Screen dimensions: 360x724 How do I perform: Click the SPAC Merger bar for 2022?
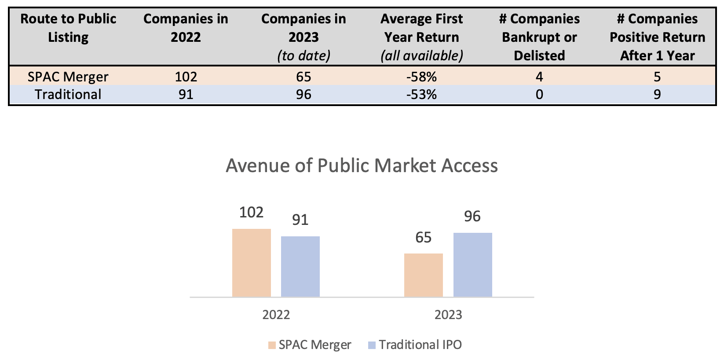(251, 263)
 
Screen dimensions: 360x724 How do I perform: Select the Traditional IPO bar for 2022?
(300, 266)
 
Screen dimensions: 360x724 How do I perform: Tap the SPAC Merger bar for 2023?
(423, 275)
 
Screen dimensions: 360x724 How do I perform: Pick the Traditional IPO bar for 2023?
(472, 264)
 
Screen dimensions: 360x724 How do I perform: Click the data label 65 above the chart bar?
(423, 238)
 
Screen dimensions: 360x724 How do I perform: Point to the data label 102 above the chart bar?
(251, 213)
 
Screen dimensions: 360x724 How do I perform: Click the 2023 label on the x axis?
(448, 315)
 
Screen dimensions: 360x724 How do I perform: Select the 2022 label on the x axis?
(276, 315)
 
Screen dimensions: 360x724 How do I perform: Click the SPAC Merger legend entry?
(310, 345)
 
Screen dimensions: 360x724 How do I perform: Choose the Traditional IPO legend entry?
(415, 345)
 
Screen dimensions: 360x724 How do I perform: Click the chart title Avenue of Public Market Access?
(362, 166)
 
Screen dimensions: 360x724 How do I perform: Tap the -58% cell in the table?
(421, 77)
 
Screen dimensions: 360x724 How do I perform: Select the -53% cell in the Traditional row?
(421, 95)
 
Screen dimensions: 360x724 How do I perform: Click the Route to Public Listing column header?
(68, 28)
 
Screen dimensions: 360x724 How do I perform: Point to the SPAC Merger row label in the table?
(68, 77)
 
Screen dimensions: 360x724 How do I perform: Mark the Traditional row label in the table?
(68, 95)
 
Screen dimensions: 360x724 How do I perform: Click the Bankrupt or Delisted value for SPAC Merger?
(539, 77)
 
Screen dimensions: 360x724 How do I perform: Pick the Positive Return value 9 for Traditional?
(657, 95)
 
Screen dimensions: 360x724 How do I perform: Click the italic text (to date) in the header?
(303, 56)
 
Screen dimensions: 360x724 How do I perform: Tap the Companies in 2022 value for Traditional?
(186, 95)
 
